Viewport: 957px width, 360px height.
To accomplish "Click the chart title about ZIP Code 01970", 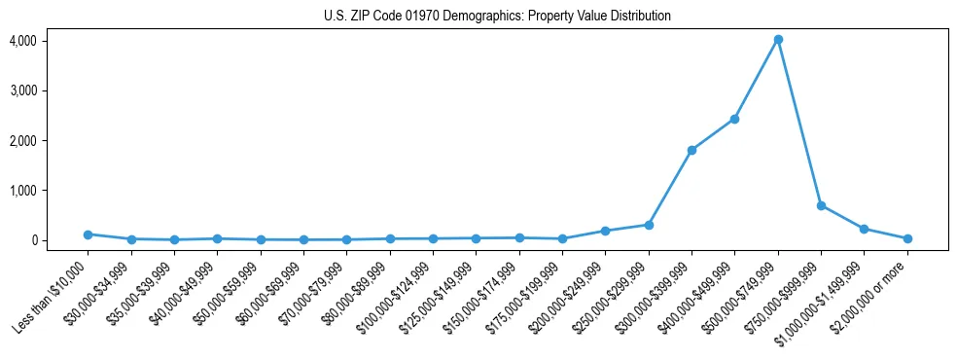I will pos(497,16).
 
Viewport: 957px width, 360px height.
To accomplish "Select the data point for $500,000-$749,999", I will pos(778,40).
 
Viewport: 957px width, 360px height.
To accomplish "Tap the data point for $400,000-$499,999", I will pos(734,119).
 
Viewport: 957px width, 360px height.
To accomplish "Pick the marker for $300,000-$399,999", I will pos(691,150).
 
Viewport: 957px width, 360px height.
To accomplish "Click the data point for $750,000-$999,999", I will pos(821,206).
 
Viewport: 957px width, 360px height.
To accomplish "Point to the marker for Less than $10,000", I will pos(88,234).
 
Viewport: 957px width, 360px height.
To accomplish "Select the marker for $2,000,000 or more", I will pos(907,238).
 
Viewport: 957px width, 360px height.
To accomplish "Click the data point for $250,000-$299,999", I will pos(649,225).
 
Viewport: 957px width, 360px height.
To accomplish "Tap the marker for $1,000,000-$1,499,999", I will pos(865,229).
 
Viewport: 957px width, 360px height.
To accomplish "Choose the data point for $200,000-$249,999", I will pos(605,231).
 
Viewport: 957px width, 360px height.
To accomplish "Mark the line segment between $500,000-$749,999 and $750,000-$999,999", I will pos(799,123).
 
